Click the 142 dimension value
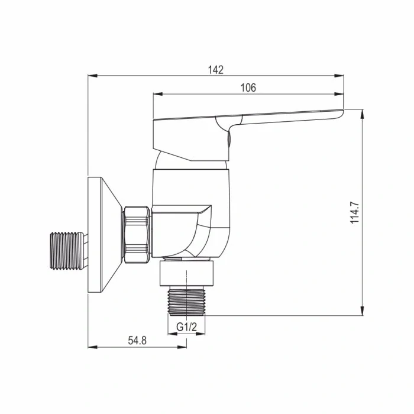click(x=216, y=70)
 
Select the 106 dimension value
click(x=248, y=88)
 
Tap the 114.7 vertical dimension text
click(x=354, y=212)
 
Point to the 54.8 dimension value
click(x=137, y=341)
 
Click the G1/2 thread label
click(x=186, y=326)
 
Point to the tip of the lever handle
click(x=340, y=112)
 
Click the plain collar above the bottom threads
click(x=186, y=273)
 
